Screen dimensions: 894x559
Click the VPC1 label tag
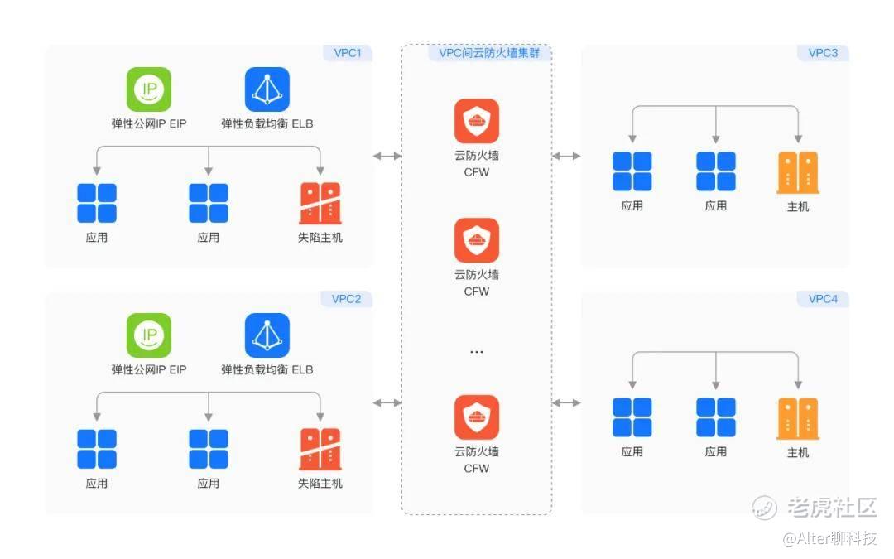(348, 53)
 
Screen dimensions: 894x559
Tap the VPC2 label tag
(347, 299)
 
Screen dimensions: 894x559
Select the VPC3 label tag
(823, 53)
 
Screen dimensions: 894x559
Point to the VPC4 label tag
(823, 299)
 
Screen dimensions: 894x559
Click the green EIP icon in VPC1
(149, 89)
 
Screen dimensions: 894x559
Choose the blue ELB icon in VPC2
(267, 335)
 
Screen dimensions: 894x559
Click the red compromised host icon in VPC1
(320, 203)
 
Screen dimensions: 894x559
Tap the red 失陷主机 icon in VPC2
(320, 449)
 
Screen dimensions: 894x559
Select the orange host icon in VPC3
(798, 172)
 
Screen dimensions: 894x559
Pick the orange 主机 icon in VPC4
(798, 418)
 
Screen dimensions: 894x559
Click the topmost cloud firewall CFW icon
(477, 121)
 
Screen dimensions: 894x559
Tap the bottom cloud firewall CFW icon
(477, 417)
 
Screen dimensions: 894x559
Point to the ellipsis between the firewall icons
(477, 352)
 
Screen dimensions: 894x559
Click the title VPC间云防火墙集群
(489, 53)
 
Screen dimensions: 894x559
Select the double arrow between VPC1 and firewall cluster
(387, 156)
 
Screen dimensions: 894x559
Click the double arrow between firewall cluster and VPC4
(566, 402)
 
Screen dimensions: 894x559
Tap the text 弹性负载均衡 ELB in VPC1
(267, 123)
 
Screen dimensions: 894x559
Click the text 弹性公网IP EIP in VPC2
(149, 369)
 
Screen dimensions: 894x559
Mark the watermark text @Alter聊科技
(829, 538)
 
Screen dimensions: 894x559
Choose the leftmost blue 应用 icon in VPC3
(632, 171)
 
